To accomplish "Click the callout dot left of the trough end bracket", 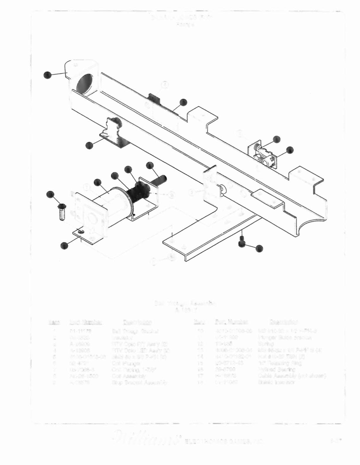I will pos(47,74).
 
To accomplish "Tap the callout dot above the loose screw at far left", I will pos(51,194).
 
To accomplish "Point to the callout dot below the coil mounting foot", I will pos(64,245).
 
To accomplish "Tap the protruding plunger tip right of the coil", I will pos(162,178).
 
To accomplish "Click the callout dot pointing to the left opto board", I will pos(89,145).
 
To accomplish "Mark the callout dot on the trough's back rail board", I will pos(183,102).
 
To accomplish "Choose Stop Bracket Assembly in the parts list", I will pos(140,383).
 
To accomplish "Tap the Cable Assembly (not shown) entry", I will pos(292,376).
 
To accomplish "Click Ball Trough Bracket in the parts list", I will pos(135,331).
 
